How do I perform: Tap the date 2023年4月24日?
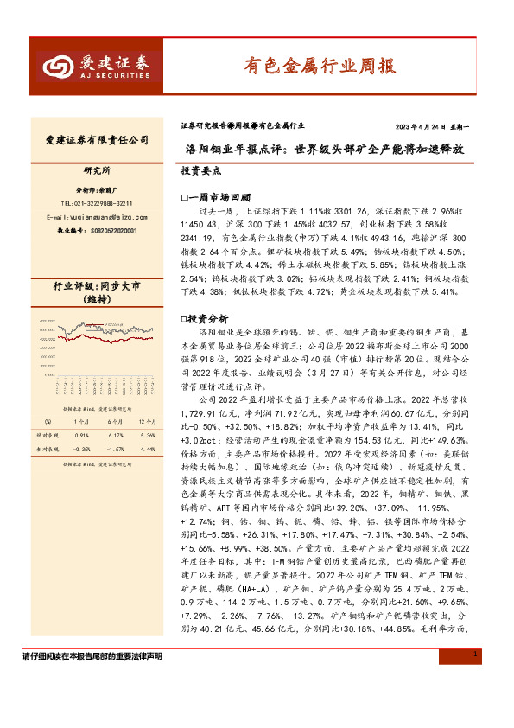click(x=428, y=125)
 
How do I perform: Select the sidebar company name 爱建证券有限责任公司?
click(x=96, y=140)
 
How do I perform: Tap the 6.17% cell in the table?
click(x=115, y=435)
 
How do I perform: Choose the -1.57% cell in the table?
click(x=115, y=449)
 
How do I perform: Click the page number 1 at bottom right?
click(x=476, y=705)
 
